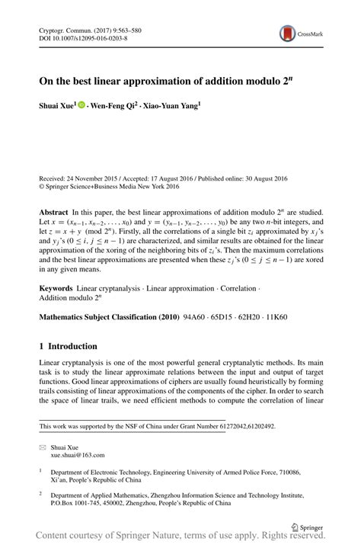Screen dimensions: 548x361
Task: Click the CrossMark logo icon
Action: tap(289, 33)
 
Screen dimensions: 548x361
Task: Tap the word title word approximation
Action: tap(173, 79)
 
